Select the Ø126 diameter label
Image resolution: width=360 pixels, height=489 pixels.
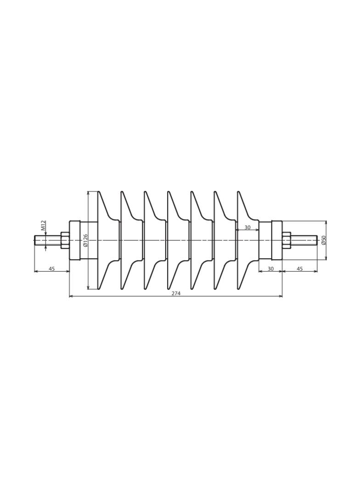(85, 240)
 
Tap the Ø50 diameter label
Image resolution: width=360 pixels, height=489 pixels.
(323, 240)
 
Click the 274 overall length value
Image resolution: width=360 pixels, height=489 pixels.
(176, 293)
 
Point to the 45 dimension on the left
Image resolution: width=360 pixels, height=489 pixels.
(52, 268)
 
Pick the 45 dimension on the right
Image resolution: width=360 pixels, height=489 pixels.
(299, 268)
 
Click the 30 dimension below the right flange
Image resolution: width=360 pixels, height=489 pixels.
(271, 268)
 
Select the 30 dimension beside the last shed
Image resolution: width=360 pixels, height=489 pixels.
(247, 228)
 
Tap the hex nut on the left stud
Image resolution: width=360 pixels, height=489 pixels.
(65, 240)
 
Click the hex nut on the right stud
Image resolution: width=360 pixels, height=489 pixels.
(287, 240)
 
